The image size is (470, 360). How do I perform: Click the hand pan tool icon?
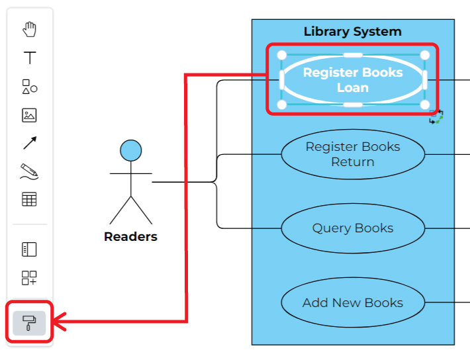pos(29,29)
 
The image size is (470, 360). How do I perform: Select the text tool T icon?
pos(29,58)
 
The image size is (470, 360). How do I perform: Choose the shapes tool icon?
pos(29,87)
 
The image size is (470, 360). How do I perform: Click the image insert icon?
pos(29,115)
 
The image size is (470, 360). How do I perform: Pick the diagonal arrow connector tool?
pos(29,143)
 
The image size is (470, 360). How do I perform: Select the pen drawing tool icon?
pos(29,171)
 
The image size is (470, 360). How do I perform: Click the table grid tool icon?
pos(29,199)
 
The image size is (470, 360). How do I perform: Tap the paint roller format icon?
pos(29,323)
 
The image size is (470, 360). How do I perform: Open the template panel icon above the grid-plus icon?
pos(29,249)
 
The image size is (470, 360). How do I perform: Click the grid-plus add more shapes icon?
pos(29,278)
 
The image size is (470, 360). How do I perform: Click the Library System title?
pos(352,31)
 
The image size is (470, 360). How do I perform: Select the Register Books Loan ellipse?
pos(352,79)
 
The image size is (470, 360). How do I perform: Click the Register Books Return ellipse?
pos(352,154)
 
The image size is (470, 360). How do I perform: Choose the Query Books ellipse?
pos(352,228)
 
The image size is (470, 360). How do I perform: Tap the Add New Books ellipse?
pos(352,303)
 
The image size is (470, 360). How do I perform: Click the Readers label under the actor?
pos(130,237)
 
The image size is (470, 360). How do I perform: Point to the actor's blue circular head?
pos(130,151)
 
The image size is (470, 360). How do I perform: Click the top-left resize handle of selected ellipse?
pos(281,55)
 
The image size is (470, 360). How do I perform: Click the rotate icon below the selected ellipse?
pos(436,117)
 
